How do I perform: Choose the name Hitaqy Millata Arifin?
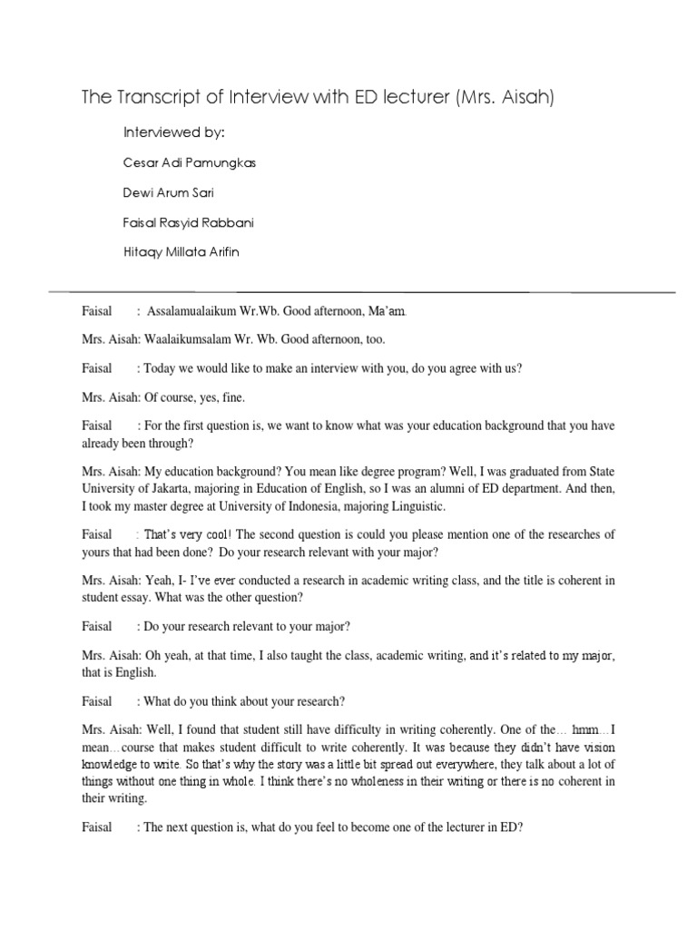[183, 252]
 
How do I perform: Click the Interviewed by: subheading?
[173, 132]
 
